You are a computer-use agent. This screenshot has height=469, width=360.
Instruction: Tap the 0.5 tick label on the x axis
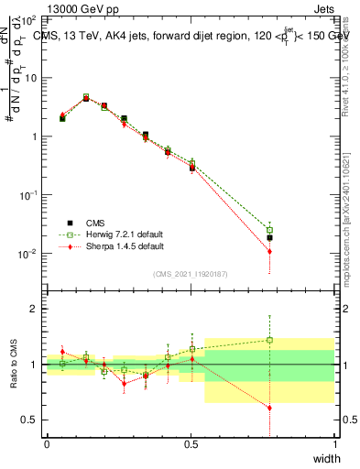pyautogui.click(x=191, y=444)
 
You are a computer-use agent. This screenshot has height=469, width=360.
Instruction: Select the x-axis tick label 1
pyautogui.click(x=334, y=444)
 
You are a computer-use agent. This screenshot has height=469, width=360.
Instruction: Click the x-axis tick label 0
pyautogui.click(x=47, y=444)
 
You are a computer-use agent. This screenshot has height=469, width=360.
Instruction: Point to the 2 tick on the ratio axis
pyautogui.click(x=33, y=309)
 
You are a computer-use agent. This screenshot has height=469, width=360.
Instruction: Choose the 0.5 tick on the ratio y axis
pyautogui.click(x=29, y=420)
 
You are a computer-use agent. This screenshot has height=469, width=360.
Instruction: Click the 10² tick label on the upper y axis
pyautogui.click(x=28, y=19)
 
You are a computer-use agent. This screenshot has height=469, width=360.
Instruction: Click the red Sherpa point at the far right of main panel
pyautogui.click(x=269, y=251)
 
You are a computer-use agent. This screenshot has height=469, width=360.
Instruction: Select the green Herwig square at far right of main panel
pyautogui.click(x=269, y=230)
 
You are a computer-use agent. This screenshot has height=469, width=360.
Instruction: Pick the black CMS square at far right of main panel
pyautogui.click(x=269, y=238)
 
